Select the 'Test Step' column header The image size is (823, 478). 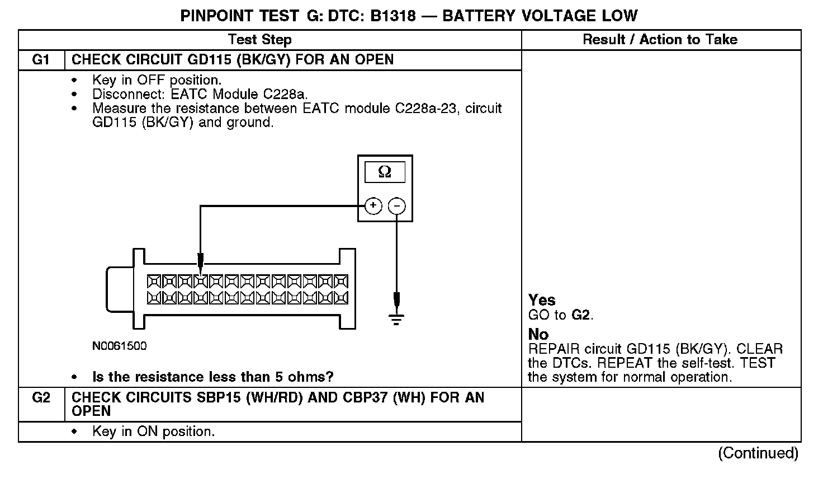click(259, 40)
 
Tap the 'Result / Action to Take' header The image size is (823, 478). click(660, 40)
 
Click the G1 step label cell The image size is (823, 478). click(41, 60)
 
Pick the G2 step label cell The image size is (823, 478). click(41, 398)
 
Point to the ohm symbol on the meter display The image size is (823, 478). click(385, 172)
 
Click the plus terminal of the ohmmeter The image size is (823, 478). click(373, 206)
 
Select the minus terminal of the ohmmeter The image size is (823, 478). click(396, 206)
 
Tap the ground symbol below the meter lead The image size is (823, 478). click(396, 320)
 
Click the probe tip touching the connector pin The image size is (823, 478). click(201, 263)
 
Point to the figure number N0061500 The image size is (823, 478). click(120, 346)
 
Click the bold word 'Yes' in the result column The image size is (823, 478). click(542, 300)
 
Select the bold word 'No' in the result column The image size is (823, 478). click(538, 334)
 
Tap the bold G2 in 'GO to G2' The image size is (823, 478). click(581, 315)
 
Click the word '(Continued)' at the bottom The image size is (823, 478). click(758, 453)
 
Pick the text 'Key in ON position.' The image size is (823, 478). click(153, 432)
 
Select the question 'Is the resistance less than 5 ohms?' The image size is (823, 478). click(212, 377)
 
